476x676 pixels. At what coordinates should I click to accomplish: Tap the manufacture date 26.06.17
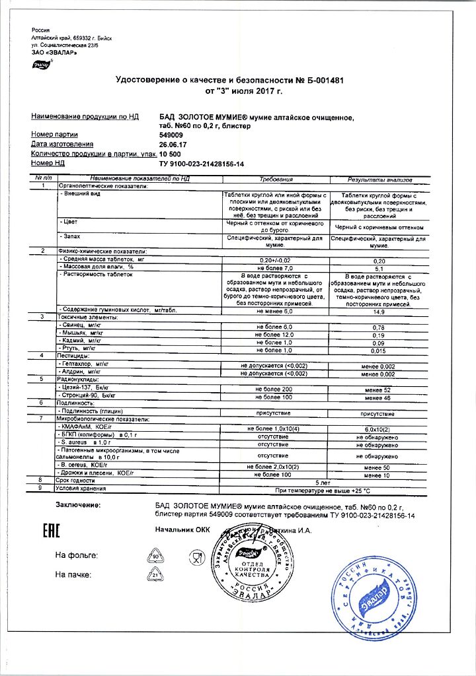pos(172,144)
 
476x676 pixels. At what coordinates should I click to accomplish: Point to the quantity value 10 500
pos(171,153)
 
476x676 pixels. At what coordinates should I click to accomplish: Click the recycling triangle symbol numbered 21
pos(156,575)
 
